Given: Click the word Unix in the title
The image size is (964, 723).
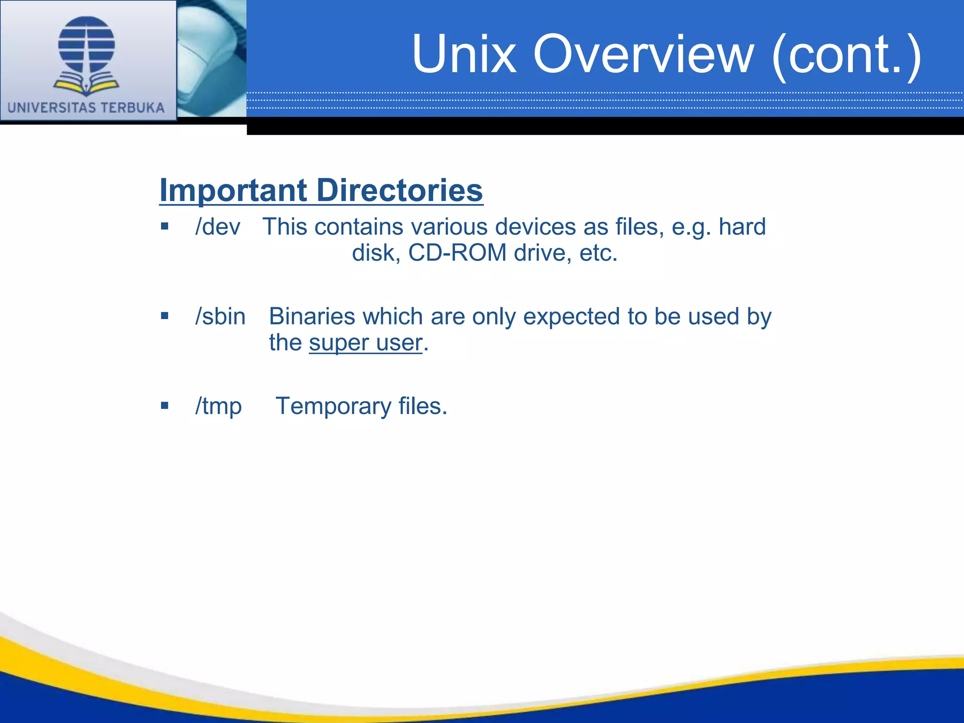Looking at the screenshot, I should (464, 54).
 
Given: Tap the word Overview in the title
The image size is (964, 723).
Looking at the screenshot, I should (643, 54).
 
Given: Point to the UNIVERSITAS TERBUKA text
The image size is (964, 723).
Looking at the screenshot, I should (86, 108).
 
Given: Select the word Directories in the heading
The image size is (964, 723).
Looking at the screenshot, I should (400, 191).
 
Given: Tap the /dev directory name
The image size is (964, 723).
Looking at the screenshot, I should (217, 227).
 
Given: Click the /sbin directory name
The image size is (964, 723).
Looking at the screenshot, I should (220, 316).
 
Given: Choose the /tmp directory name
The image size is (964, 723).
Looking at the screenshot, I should (218, 406).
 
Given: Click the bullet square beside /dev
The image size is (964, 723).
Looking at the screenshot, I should (164, 226).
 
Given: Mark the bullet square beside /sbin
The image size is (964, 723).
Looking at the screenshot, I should (164, 316).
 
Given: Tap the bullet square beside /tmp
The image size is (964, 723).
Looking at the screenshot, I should (164, 405).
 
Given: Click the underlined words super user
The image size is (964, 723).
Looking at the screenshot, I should (365, 343).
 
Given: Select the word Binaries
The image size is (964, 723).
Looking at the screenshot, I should (312, 316).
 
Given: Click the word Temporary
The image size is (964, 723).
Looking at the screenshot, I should (333, 406).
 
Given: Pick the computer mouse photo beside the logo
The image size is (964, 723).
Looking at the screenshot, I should (212, 58).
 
